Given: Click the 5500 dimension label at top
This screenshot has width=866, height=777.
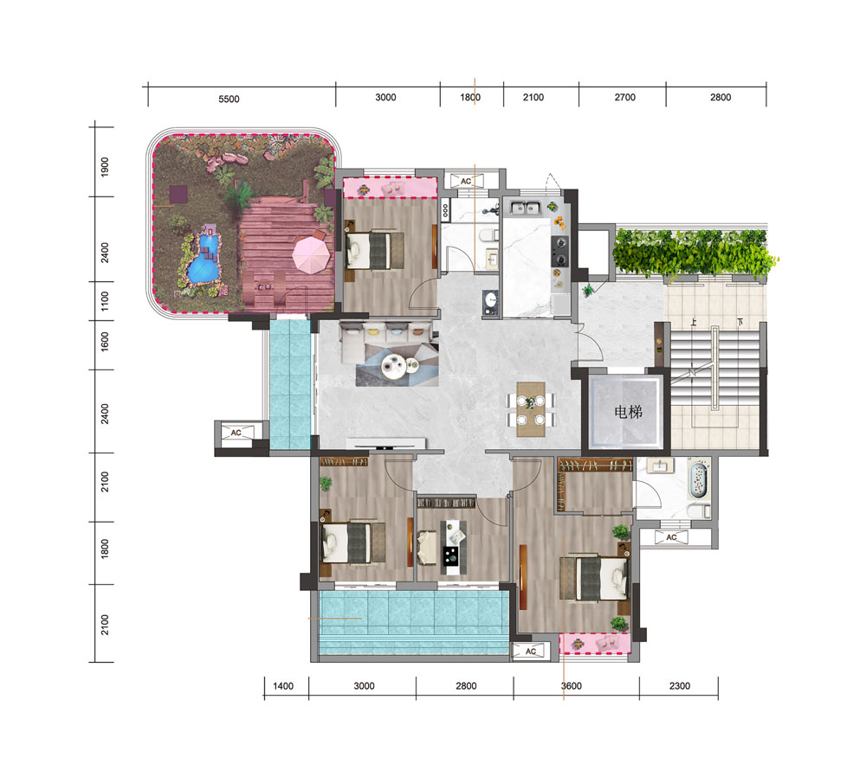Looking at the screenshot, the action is tap(229, 99).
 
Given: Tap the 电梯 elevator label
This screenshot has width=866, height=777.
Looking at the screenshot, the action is tap(628, 412).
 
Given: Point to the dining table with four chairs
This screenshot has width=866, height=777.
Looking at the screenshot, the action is tap(531, 409).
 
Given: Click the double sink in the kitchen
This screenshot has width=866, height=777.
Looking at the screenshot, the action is tap(524, 208).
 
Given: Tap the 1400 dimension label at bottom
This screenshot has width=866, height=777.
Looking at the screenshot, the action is tap(283, 686).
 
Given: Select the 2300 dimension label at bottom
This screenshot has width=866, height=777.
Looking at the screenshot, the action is tap(679, 686).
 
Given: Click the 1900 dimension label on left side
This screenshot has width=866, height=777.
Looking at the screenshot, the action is tap(105, 167).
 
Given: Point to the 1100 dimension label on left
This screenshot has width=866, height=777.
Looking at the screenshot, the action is tap(105, 301).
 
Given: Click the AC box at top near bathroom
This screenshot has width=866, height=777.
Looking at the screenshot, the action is tap(466, 181).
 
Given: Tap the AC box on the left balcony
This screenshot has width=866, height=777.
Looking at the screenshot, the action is tap(236, 433).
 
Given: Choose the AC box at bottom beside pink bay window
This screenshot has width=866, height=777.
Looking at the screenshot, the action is tap(531, 652).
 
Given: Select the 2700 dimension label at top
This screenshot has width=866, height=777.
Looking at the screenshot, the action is tap(624, 97).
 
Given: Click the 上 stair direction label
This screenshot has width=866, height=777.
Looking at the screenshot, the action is tap(693, 322).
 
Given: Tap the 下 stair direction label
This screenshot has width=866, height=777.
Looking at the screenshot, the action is tap(740, 322).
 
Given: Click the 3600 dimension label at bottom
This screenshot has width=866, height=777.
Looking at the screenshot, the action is tap(571, 686).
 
